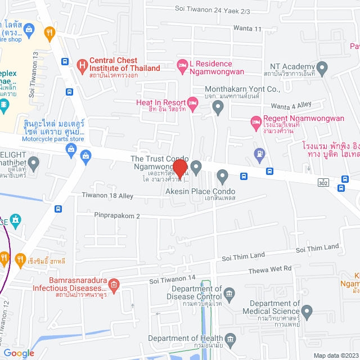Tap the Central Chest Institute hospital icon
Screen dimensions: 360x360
click(x=83, y=65)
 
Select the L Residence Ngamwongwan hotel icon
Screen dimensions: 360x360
click(x=182, y=65)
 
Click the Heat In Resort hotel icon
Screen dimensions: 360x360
click(x=192, y=102)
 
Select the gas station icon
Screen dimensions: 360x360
click(x=259, y=152)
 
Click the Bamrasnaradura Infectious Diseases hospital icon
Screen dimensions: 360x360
click(x=114, y=285)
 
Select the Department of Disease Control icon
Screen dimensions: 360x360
click(x=229, y=294)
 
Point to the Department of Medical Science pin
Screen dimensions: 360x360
click(x=307, y=311)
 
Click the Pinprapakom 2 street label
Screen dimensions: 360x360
click(x=116, y=215)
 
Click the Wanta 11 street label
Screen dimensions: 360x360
click(x=250, y=29)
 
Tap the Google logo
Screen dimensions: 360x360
click(x=20, y=353)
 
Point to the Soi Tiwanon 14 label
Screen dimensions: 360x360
click(x=172, y=278)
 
